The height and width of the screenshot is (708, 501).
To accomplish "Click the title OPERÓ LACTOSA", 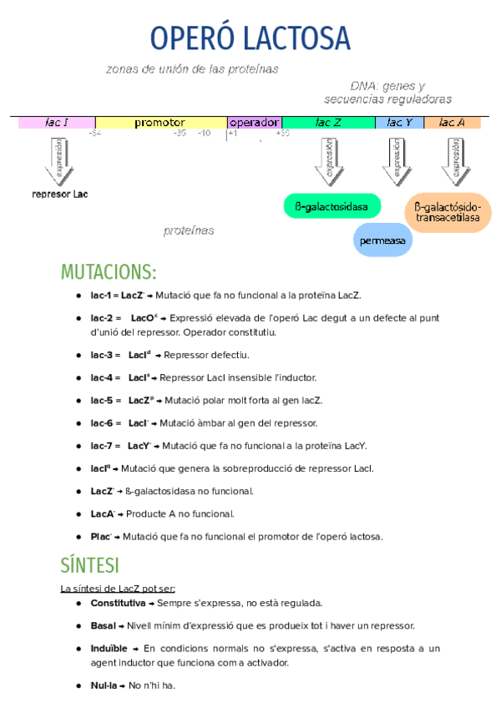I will click(x=250, y=38).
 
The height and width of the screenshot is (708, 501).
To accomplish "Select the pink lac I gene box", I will click(x=57, y=123).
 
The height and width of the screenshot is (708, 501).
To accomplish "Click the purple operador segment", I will click(x=254, y=123).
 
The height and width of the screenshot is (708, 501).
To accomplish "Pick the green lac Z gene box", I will click(x=328, y=123).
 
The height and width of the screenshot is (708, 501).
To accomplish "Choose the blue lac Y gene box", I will click(x=399, y=123).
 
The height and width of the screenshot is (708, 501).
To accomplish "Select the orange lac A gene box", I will click(x=452, y=123).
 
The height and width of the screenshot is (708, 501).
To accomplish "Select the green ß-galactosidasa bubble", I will click(x=331, y=206).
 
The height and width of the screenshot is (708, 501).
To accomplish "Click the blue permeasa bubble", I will click(x=382, y=240).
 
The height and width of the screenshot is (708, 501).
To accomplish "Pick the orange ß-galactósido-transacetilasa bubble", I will click(x=448, y=212).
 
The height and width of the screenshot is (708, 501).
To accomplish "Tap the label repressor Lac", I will click(x=59, y=195).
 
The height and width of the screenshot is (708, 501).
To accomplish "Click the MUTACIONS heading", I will click(x=109, y=272).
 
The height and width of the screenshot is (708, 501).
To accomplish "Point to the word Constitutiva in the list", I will click(x=118, y=603).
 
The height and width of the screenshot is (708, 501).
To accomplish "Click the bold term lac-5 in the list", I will click(x=103, y=401).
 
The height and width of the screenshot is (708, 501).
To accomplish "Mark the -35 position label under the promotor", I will click(x=180, y=133).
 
